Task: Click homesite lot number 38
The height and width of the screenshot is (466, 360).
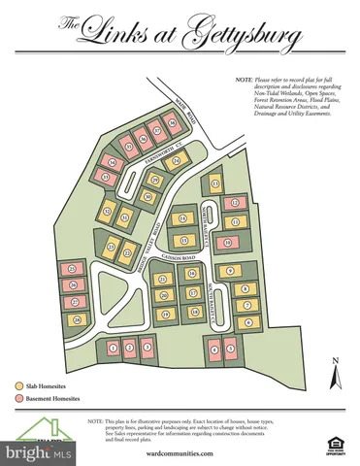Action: (x=172, y=122)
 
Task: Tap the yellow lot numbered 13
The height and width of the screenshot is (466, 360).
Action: (x=214, y=183)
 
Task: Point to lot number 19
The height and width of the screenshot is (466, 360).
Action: (x=165, y=314)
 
